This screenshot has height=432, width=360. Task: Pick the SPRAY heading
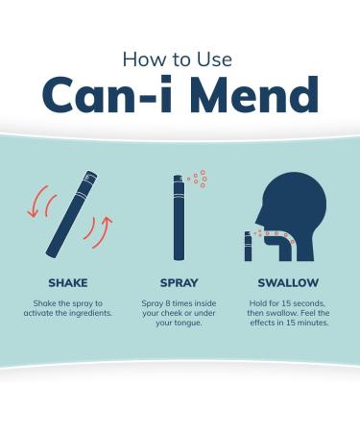coord(179,283)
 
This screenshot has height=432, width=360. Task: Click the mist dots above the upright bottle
coord(198,179)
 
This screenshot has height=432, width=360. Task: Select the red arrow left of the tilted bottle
coord(36,202)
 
